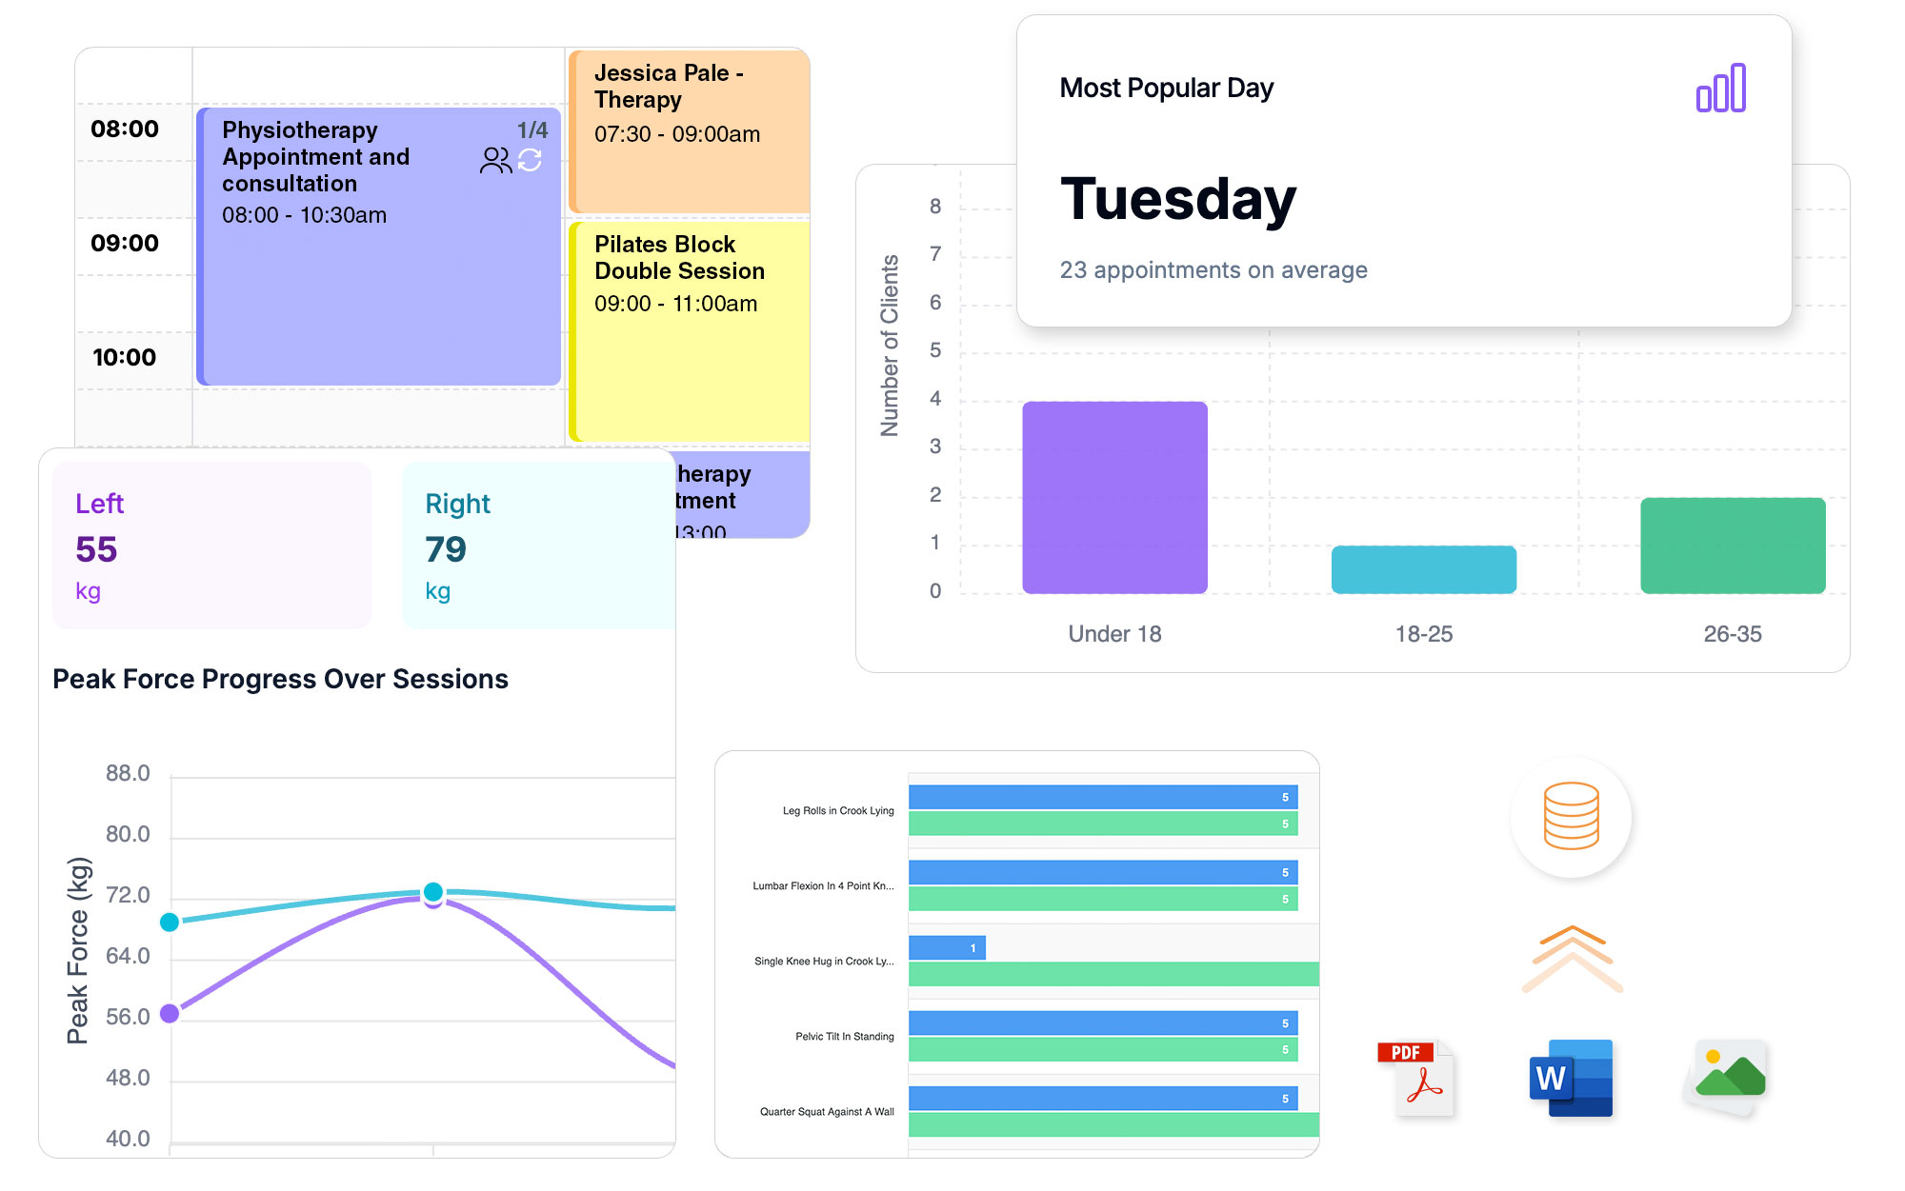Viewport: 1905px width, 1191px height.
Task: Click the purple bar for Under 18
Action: [1114, 497]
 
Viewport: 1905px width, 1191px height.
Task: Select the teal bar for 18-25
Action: [1423, 569]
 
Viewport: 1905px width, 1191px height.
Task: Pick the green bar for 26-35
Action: [1732, 546]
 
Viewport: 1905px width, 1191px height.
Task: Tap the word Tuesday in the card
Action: [1178, 199]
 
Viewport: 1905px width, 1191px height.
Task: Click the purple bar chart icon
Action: [1720, 89]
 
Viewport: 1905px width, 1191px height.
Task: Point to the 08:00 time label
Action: [125, 129]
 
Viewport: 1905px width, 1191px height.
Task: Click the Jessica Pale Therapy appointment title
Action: [668, 87]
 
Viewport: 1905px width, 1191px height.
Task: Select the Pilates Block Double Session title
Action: [679, 258]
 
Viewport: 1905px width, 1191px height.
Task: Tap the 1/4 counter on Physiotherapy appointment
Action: [531, 129]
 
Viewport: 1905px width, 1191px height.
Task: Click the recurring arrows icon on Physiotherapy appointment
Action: [531, 160]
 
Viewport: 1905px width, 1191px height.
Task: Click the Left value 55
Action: [96, 549]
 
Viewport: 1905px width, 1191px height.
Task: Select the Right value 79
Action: [446, 549]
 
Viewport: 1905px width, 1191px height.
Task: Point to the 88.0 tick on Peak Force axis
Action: [128, 773]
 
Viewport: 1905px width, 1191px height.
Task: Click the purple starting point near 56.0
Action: [170, 1013]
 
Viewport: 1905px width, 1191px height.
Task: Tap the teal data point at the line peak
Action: [433, 891]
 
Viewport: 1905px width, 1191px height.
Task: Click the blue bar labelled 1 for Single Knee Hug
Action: [947, 947]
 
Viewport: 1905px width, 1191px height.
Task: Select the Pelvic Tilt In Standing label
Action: [844, 1036]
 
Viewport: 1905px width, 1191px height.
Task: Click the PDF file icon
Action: [1417, 1079]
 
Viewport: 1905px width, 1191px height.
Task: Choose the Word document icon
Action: [1570, 1079]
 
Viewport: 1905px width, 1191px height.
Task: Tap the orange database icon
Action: [1571, 816]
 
